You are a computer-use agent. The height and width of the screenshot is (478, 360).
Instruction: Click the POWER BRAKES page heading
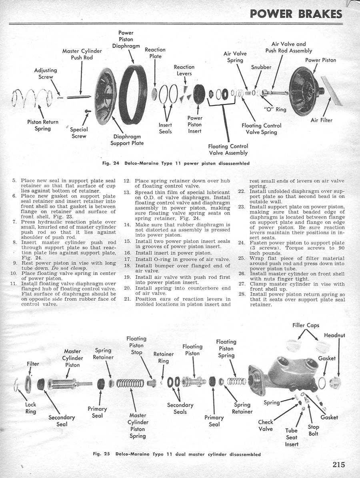296,14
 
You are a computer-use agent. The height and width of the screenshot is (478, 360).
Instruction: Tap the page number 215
338,465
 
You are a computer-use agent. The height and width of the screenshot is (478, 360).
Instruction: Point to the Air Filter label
321,120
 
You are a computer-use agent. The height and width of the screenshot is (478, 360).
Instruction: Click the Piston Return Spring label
43,125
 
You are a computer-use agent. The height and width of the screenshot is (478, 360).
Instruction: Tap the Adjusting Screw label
46,73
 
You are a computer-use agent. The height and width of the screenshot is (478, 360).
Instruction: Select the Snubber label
261,67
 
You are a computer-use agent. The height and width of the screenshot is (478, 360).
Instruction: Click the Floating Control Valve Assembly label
228,149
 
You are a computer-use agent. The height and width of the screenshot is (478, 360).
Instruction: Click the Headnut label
335,335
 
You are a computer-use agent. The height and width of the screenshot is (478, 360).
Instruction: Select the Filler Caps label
306,325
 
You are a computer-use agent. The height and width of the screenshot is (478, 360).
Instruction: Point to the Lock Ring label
31,408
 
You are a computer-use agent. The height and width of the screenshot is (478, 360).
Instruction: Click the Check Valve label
266,425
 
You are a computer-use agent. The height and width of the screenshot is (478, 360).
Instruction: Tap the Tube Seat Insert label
292,437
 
